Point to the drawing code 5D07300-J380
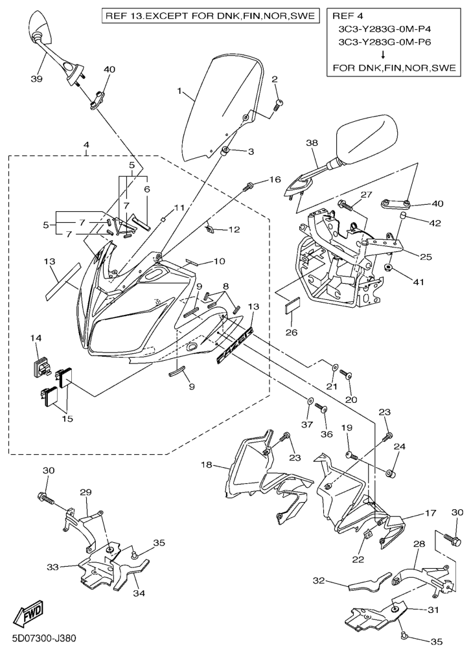(x=40, y=639)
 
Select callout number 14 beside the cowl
(x=36, y=338)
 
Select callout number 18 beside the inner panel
(x=206, y=465)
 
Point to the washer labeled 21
(x=334, y=368)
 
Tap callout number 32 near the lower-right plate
(x=318, y=581)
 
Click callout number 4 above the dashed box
(x=87, y=146)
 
